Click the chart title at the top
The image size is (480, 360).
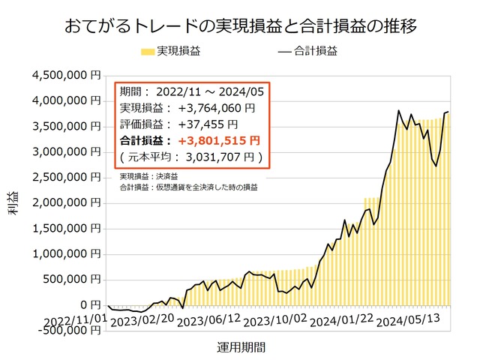240,27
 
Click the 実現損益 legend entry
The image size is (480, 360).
170,52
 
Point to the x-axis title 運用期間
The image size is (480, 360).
241,348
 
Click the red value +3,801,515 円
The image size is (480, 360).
214,140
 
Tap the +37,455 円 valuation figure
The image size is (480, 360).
208,124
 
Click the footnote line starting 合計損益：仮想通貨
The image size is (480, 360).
188,185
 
